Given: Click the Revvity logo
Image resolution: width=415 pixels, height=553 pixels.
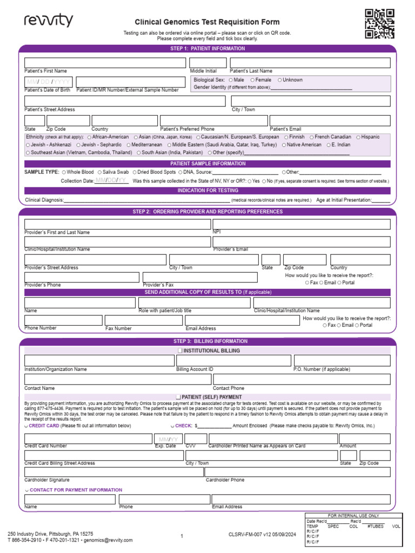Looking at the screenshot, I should point(48,22).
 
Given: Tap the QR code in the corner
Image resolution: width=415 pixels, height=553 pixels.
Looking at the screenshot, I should point(379,24).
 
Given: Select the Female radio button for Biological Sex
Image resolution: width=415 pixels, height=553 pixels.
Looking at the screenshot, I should point(252,80).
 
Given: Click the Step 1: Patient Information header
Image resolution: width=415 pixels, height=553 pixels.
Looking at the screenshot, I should point(207,49).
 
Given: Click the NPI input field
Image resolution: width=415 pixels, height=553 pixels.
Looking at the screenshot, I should point(301,224).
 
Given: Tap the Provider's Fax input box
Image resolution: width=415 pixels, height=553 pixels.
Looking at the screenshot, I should point(200,277).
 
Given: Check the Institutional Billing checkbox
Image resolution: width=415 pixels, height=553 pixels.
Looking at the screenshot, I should point(180,351).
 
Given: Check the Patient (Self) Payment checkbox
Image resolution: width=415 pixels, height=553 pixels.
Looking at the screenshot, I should point(179,397).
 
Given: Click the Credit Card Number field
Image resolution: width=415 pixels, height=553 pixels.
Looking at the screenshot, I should point(88,439).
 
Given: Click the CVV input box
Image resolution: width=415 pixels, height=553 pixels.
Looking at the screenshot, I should point(195,439).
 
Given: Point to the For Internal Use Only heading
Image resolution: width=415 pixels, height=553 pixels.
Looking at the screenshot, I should point(354,516).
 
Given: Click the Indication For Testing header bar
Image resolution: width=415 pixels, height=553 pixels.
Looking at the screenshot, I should point(207,191).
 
